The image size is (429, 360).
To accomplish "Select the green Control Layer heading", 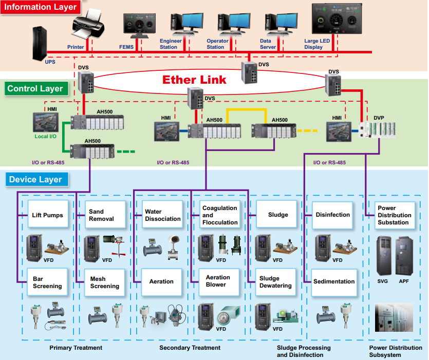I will coord(35,88).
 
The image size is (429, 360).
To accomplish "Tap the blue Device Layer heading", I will coord(35,180).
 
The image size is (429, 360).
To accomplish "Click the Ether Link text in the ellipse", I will coord(194,80).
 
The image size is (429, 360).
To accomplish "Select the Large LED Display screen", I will coord(337,21).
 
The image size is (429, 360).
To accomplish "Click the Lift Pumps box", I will coord(47,215).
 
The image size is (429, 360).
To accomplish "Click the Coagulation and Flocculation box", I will coord(220,215).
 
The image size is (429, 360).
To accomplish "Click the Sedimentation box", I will coord(334,281).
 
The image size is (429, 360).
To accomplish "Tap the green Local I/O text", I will coord(46,137).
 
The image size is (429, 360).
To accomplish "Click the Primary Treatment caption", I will coord(76,348).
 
